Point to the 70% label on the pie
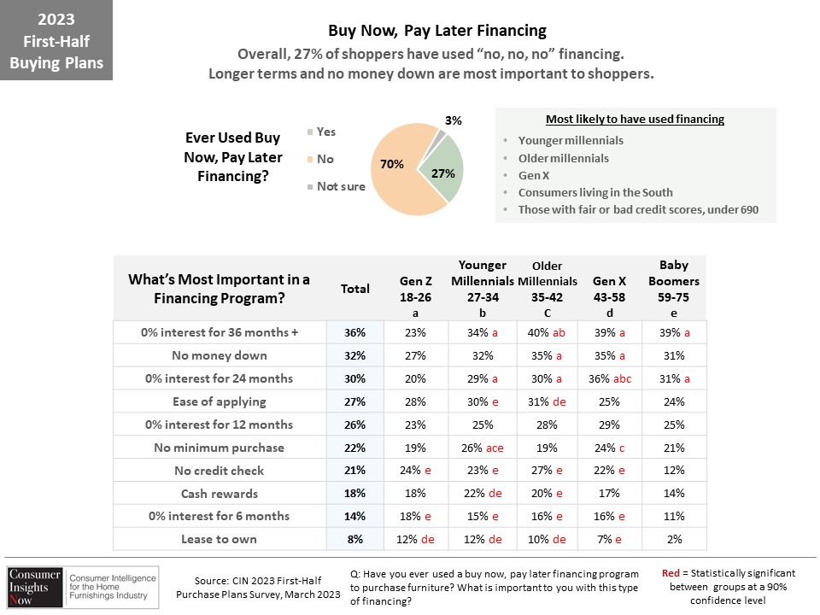tap(392, 164)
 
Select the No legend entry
tap(320, 159)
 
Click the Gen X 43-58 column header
tap(609, 296)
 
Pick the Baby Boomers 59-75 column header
tap(674, 289)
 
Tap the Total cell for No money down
tap(354, 355)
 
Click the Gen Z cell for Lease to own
tap(415, 539)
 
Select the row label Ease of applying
tap(220, 401)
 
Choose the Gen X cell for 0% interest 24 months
tap(610, 378)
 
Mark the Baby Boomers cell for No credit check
tap(674, 470)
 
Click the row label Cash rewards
tap(220, 494)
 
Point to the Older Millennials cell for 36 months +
tap(547, 332)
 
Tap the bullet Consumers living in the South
tap(595, 192)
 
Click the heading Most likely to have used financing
tap(635, 120)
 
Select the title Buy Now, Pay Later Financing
tap(437, 31)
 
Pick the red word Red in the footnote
tap(671, 573)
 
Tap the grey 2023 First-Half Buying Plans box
tap(56, 40)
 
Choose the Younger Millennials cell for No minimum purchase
tap(482, 448)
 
